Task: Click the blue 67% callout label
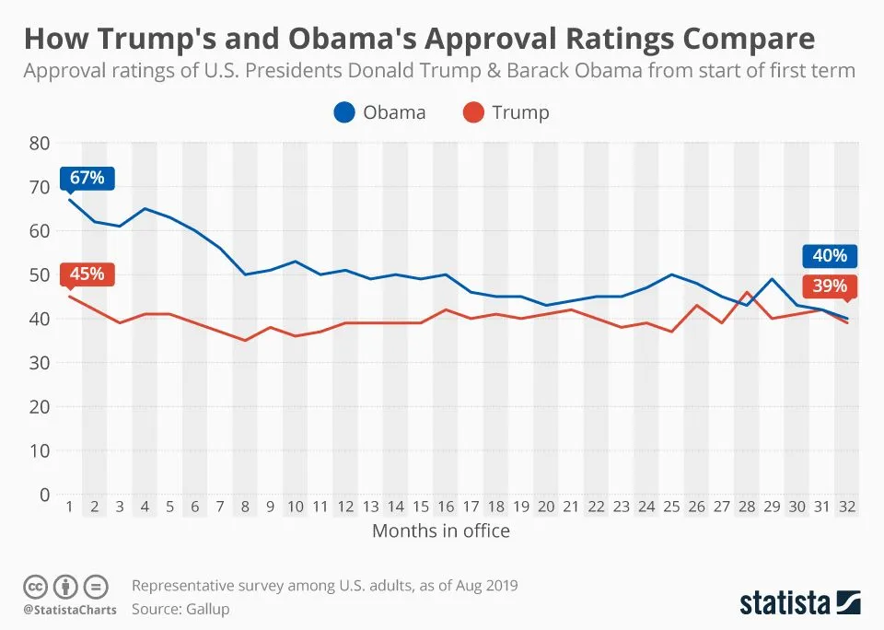point(87,178)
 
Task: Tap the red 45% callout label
point(87,274)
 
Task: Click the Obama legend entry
point(378,112)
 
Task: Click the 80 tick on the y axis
point(39,143)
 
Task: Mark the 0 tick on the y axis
point(43,495)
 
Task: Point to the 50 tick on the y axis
point(39,274)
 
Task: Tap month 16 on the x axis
point(446,507)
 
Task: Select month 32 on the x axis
point(847,507)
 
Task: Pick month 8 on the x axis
point(245,507)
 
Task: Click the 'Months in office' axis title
point(441,531)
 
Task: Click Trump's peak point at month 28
point(747,292)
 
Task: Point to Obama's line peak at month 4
point(145,208)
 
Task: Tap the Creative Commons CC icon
point(36,586)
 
